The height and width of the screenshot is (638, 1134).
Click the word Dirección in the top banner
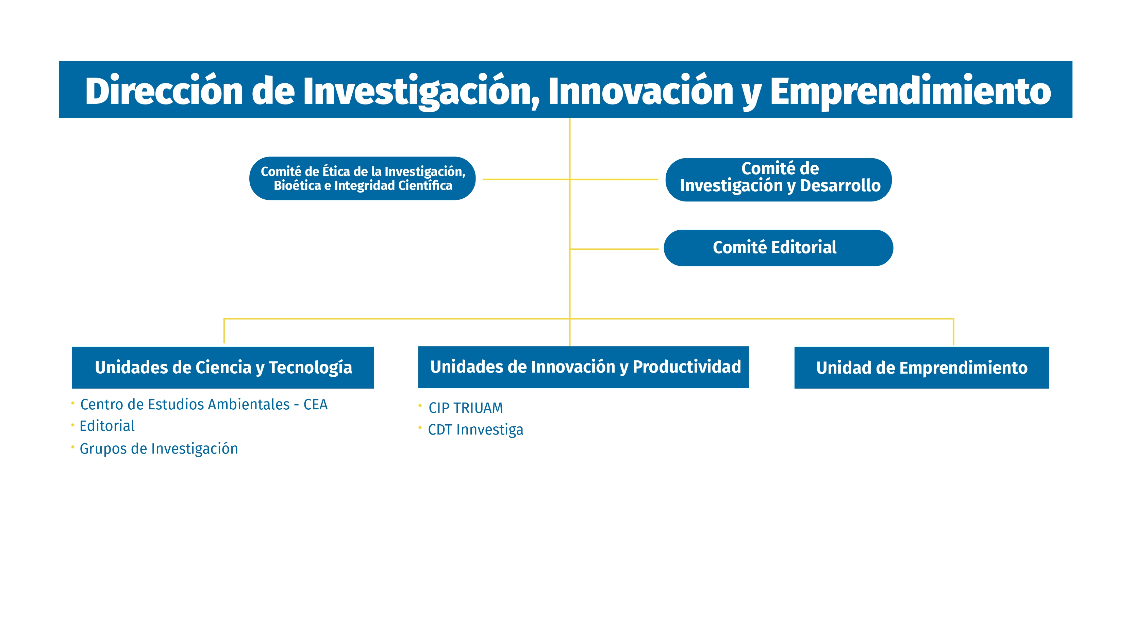click(x=164, y=91)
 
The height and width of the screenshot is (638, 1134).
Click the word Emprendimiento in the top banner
click(x=910, y=91)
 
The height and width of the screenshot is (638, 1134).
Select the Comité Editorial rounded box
click(x=778, y=248)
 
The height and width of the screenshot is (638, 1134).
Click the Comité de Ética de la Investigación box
click(x=362, y=178)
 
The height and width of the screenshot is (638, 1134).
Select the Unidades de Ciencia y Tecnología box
click(x=223, y=367)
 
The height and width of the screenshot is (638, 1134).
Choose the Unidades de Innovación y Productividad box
click(x=583, y=367)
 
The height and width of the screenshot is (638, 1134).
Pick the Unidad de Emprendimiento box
click(x=921, y=367)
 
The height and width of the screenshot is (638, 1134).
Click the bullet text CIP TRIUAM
click(x=465, y=408)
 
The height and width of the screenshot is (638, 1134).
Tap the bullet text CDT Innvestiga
click(x=476, y=429)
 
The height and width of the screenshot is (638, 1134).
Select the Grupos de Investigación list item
click(x=159, y=449)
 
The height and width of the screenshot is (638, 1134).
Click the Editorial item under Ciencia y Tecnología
click(x=107, y=426)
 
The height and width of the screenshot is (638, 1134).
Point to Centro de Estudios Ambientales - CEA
click(x=203, y=404)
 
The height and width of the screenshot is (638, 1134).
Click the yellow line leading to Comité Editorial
click(x=614, y=249)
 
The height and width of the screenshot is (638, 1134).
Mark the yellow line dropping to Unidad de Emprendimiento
click(x=953, y=331)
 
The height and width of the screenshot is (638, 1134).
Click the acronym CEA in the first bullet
click(x=315, y=404)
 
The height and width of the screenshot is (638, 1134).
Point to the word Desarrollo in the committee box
click(x=840, y=185)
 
